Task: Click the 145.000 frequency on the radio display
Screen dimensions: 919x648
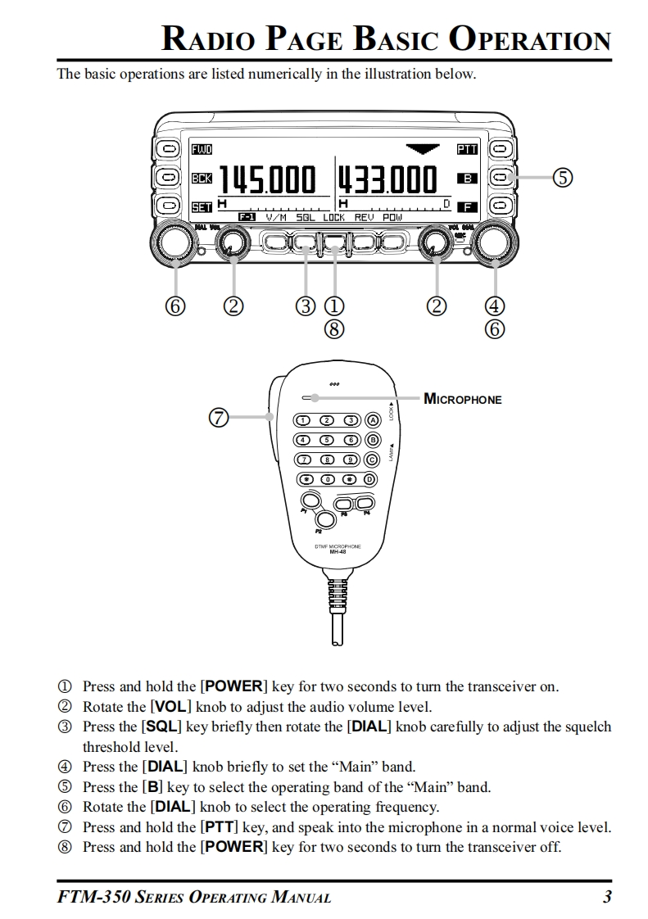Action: tap(265, 179)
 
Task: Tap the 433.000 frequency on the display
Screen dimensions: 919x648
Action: tap(387, 179)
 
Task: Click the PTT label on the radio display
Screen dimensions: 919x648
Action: tap(467, 149)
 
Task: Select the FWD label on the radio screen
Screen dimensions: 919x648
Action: tap(201, 149)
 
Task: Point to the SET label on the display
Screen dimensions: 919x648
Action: tap(201, 206)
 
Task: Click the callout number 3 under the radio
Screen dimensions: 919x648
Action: tap(306, 306)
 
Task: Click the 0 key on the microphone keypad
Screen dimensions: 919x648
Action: tap(327, 479)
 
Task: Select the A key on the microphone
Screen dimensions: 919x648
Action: tap(370, 420)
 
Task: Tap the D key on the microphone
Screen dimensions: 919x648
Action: tap(370, 479)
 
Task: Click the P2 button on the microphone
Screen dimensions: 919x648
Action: tap(326, 518)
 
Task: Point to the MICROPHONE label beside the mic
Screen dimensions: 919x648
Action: tap(462, 400)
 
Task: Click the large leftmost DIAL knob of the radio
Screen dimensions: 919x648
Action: tap(173, 243)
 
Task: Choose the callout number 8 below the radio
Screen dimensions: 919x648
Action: tap(333, 329)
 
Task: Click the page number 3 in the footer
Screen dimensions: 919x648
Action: tap(607, 897)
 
